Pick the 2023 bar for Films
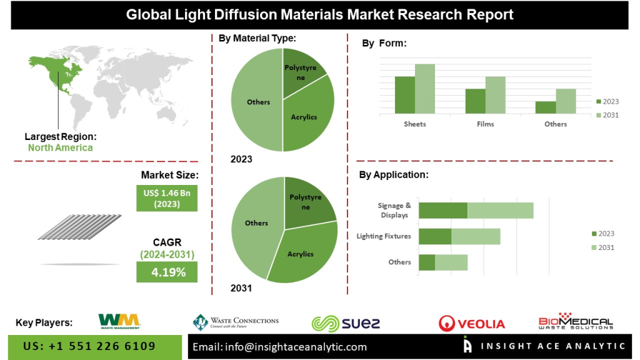coord(475,101)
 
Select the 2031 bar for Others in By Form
coord(565,101)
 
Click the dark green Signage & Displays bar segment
coord(443,211)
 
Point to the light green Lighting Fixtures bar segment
coord(476,236)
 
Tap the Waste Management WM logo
coord(119,321)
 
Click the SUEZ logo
coord(346,323)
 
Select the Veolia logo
coord(471,323)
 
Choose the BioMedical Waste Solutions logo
coord(576,321)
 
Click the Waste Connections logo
coord(236,322)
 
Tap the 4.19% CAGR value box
coord(167,272)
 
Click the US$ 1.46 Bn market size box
coord(167,198)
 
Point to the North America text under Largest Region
coord(60,148)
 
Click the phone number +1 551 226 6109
coord(89,346)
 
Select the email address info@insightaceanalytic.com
coord(279,347)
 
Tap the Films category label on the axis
coord(485,124)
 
